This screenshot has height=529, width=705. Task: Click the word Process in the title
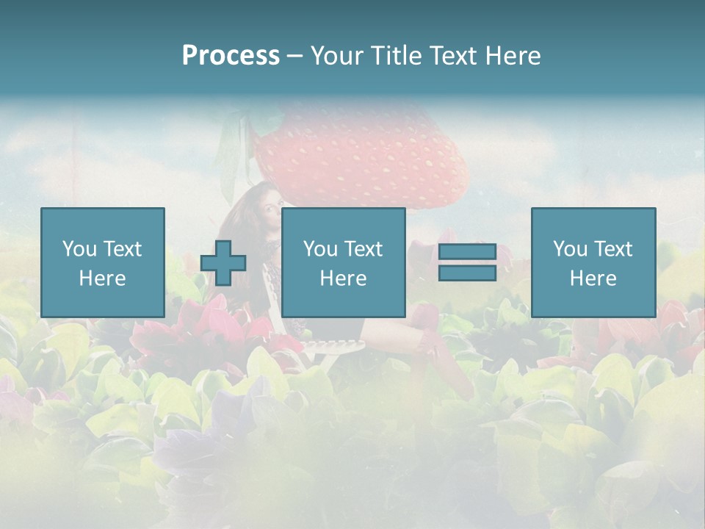point(231,56)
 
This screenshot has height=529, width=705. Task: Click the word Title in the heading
point(397,56)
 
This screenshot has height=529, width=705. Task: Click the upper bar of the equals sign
point(467,252)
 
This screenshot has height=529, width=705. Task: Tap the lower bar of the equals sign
point(467,273)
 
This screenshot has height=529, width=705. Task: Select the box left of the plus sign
point(103,262)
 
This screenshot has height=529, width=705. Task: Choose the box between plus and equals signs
point(344,262)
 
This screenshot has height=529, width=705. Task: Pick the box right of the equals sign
point(593,262)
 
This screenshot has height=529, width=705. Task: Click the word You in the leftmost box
point(79,249)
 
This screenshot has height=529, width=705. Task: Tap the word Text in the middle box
point(363,249)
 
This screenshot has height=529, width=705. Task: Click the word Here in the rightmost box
point(593,278)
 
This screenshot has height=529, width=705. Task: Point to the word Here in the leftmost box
point(103,278)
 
